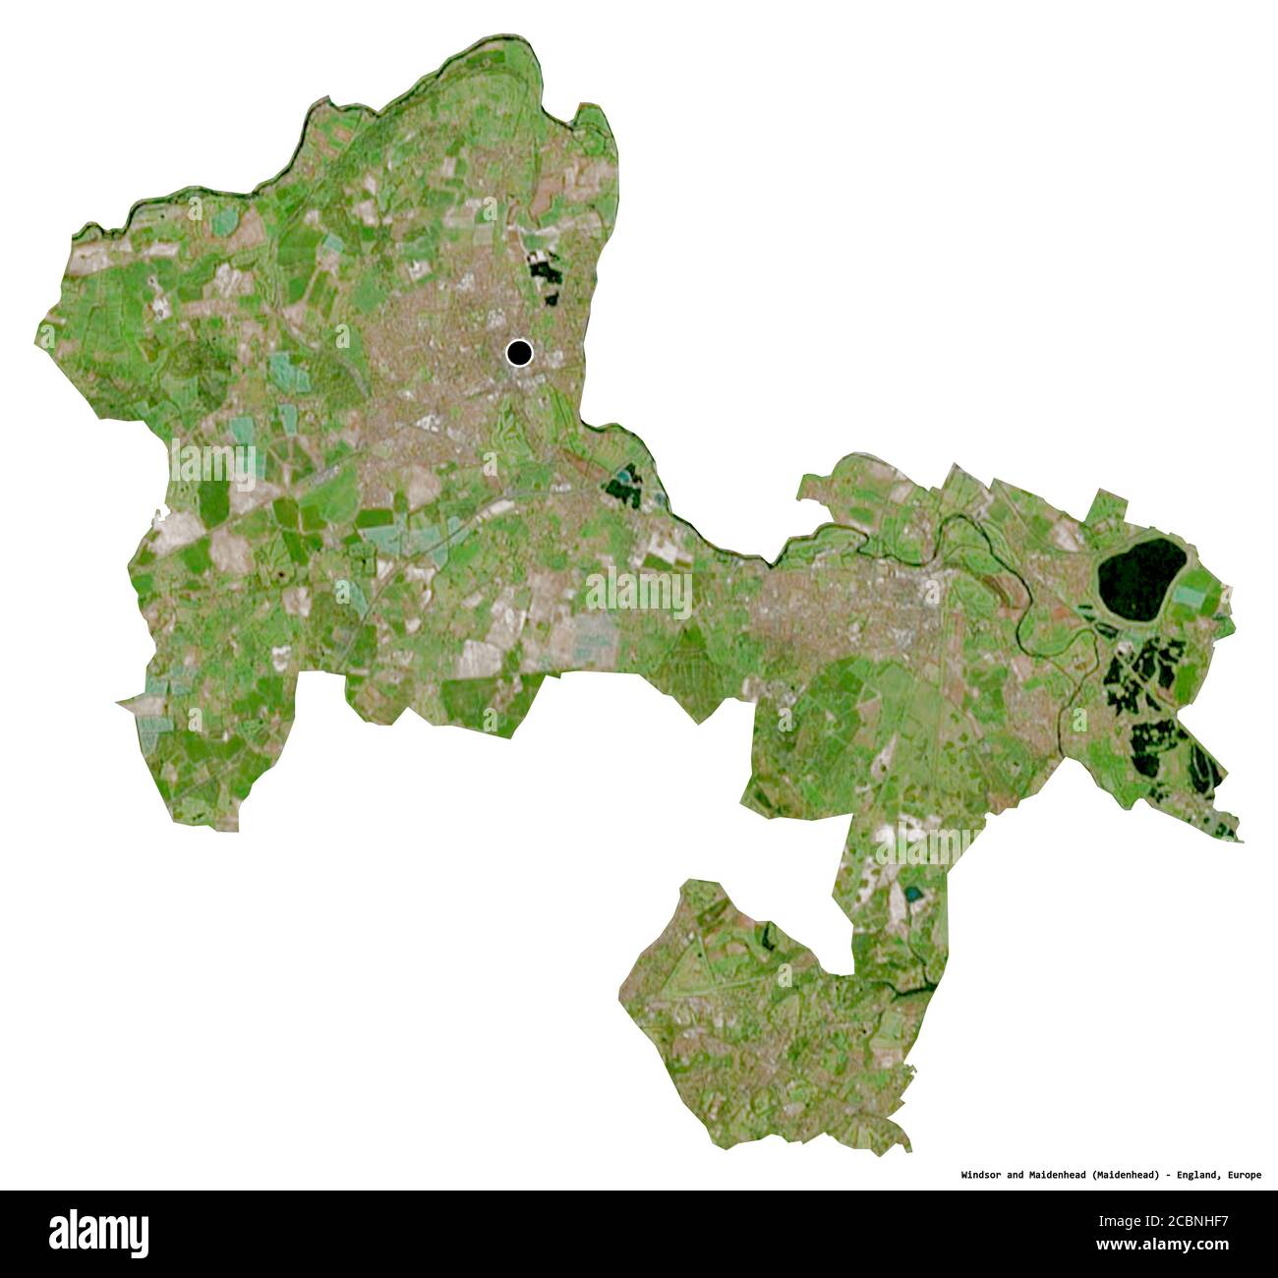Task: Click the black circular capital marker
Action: pyautogui.click(x=518, y=353)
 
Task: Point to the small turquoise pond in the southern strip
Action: pyautogui.click(x=915, y=895)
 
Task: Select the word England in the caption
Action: pyautogui.click(x=1194, y=1175)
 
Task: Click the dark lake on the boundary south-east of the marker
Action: pyautogui.click(x=623, y=485)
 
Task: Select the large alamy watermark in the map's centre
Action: pyautogui.click(x=638, y=593)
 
